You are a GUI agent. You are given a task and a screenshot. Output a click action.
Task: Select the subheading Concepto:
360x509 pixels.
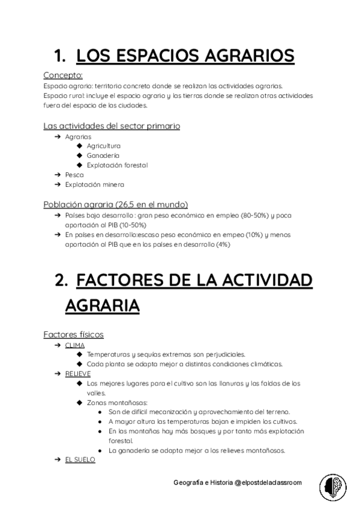tap(63, 76)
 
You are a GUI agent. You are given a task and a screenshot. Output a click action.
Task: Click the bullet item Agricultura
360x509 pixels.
tap(103, 146)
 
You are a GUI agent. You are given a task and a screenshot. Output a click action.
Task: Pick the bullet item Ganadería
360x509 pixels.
tap(103, 155)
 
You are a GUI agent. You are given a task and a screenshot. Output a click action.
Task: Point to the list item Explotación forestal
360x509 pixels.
tap(117, 165)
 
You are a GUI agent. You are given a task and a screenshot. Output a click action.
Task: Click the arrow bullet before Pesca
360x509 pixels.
tap(57, 175)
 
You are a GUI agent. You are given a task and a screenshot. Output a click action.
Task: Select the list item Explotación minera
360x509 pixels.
tap(95, 184)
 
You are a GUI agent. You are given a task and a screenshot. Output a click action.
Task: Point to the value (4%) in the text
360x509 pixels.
tap(223, 244)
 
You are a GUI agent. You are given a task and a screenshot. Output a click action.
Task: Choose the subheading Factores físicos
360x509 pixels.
tap(74, 334)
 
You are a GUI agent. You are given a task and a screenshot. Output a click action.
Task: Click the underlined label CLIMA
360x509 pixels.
tap(75, 345)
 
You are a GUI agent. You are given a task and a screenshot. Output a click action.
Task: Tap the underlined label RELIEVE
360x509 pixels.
tap(78, 373)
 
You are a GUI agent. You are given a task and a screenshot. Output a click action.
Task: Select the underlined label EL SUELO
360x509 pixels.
tap(80, 459)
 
